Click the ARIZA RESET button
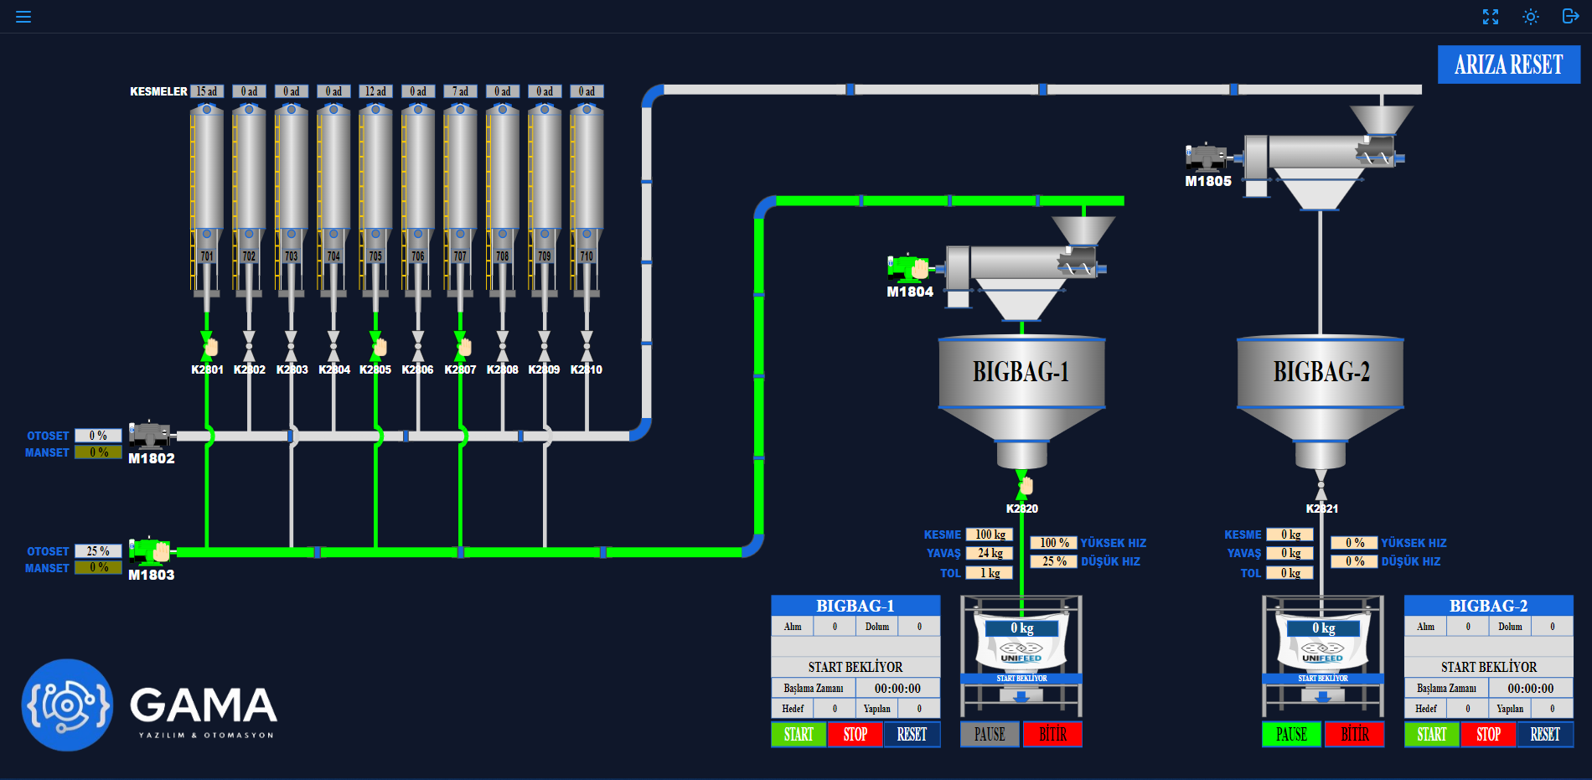tap(1508, 65)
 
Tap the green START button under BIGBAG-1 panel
tap(799, 734)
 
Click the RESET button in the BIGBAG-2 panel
tap(1544, 734)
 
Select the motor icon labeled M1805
tap(1205, 157)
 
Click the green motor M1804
tap(908, 267)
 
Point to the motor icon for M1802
tap(150, 435)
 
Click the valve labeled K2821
tap(1321, 485)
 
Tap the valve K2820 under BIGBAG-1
tap(1022, 484)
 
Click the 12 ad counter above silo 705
tap(375, 91)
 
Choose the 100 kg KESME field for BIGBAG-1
tap(990, 535)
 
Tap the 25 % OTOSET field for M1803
tap(98, 551)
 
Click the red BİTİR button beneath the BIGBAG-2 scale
tap(1354, 734)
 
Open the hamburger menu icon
tap(23, 17)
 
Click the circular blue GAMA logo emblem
tap(67, 705)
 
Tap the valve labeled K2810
tap(587, 344)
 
